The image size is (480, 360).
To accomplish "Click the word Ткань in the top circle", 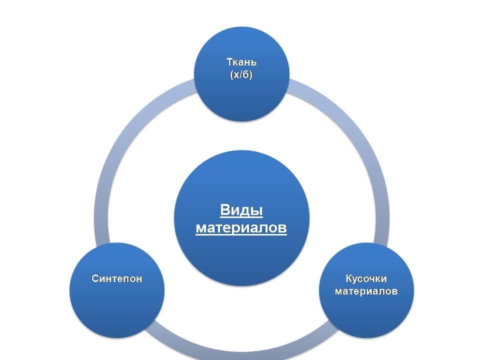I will (241, 62).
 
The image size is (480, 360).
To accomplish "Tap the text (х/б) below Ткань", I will (241, 75).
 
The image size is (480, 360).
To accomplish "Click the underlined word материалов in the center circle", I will (241, 228).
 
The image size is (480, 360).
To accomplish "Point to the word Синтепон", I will (117, 278).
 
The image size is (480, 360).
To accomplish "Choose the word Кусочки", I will (366, 278).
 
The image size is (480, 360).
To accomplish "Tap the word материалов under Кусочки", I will (366, 291).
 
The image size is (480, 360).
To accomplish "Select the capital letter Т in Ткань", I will (229, 62).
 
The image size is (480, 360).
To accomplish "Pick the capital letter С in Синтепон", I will (95, 278).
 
